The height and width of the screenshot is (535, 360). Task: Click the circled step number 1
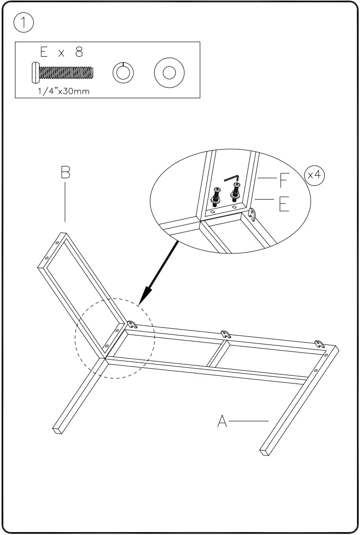click(24, 23)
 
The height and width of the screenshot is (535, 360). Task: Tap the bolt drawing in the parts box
click(62, 72)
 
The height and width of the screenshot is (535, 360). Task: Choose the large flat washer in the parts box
click(170, 73)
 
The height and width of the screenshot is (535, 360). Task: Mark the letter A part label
click(221, 421)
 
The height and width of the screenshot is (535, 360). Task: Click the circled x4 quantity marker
click(314, 175)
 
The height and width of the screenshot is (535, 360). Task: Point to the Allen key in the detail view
click(232, 178)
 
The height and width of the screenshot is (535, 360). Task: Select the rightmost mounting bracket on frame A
click(320, 344)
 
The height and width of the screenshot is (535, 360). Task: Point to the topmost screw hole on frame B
click(58, 243)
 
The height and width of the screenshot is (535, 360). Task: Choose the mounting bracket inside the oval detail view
click(252, 215)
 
